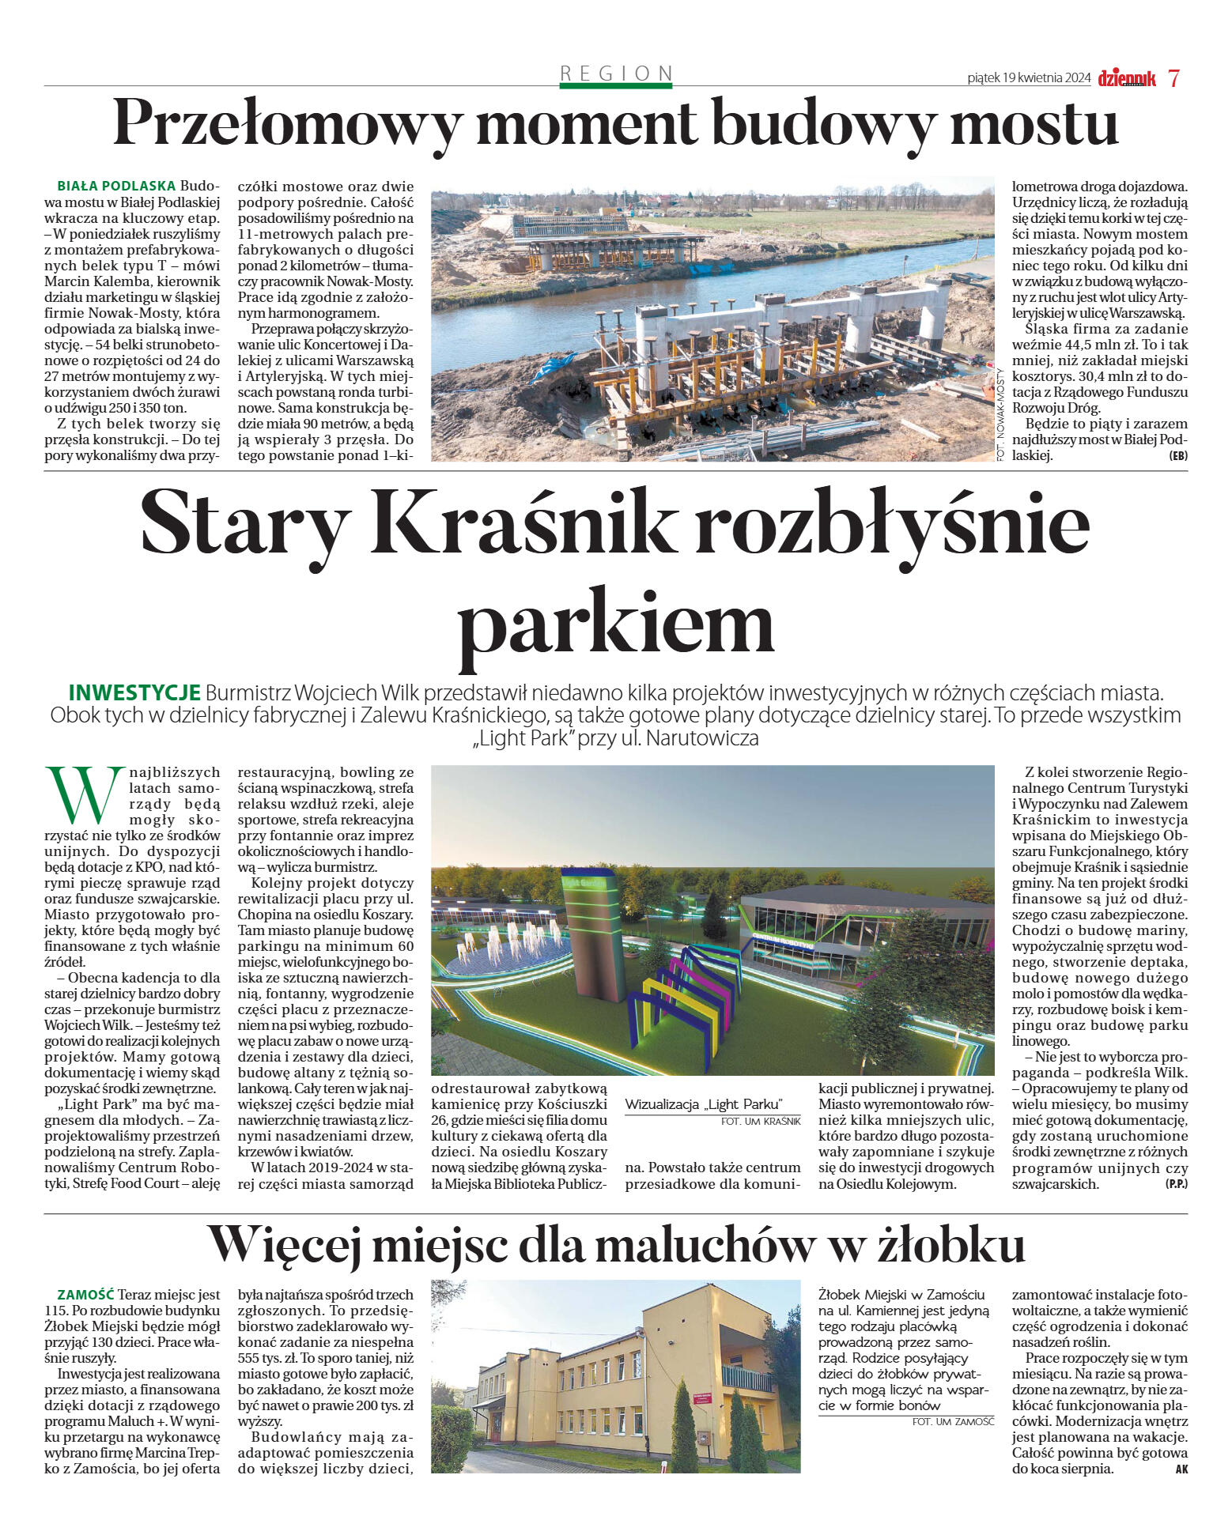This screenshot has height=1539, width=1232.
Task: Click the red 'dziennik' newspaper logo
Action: click(x=1126, y=78)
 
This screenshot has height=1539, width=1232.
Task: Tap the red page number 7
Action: click(x=1173, y=78)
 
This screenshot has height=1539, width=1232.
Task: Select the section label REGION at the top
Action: click(x=616, y=74)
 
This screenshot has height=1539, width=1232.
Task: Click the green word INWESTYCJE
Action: click(x=134, y=693)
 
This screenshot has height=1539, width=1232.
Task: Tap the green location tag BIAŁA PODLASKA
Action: click(x=116, y=187)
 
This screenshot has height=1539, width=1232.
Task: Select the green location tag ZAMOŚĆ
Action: click(x=86, y=1295)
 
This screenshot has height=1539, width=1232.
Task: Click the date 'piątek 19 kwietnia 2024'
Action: click(x=1029, y=78)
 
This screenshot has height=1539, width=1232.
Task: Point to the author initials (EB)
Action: click(x=1178, y=456)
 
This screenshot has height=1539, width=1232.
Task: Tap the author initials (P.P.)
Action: click(x=1176, y=1184)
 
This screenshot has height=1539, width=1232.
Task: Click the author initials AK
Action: click(x=1181, y=1469)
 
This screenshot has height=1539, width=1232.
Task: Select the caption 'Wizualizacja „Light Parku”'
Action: click(x=703, y=1104)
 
